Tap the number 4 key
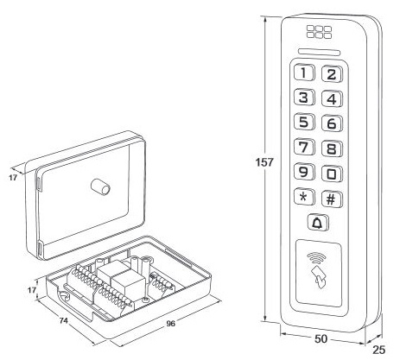(x=332, y=98)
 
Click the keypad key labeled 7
(x=304, y=147)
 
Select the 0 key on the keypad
(x=332, y=174)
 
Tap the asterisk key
(x=304, y=197)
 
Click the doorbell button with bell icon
(x=318, y=223)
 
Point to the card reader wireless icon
(x=318, y=270)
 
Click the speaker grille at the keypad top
(x=319, y=32)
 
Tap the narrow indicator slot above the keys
(x=320, y=52)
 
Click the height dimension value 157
(x=264, y=162)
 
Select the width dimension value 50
(x=321, y=339)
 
